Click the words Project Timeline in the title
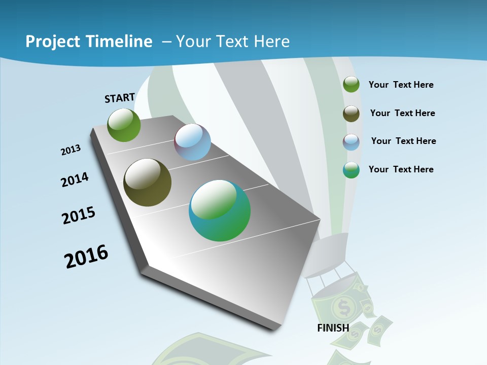click(x=89, y=42)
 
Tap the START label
click(x=120, y=98)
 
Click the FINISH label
click(x=333, y=327)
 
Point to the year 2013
click(x=71, y=150)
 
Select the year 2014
click(x=75, y=179)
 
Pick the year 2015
click(x=79, y=215)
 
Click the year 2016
click(x=86, y=257)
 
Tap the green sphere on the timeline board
click(x=124, y=125)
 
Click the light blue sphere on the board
click(x=192, y=142)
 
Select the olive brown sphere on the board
click(x=147, y=182)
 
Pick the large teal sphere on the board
click(x=220, y=210)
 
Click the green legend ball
click(x=351, y=85)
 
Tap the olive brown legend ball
click(x=351, y=114)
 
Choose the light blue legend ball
click(x=351, y=142)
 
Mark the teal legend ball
click(x=351, y=170)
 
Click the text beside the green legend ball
click(x=401, y=85)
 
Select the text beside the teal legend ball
click(x=401, y=169)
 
